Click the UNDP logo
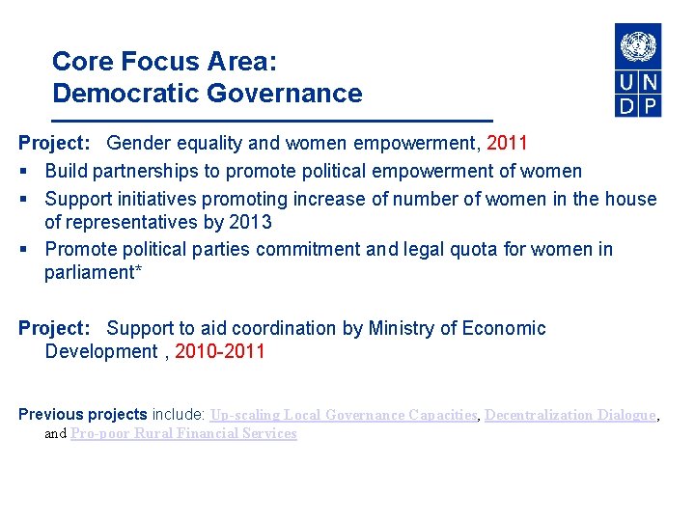[638, 70]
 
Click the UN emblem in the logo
[638, 46]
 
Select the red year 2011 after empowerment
[508, 144]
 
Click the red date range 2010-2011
[220, 351]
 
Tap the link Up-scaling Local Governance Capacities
[344, 415]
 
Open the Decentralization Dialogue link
[570, 415]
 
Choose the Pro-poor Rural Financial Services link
[183, 433]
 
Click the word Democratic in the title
[116, 94]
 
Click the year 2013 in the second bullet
[251, 222]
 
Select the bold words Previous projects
[83, 415]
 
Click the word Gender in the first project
[139, 144]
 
